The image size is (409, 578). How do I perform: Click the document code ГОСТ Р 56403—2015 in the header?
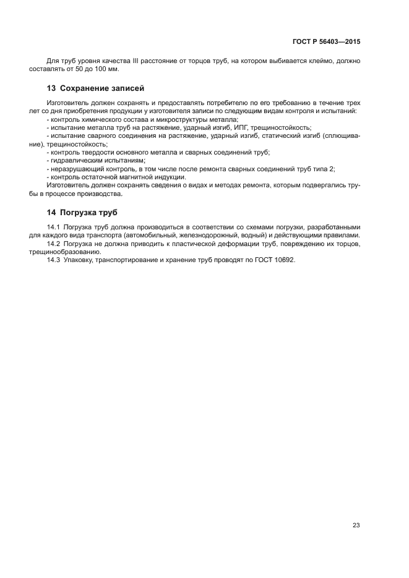point(326,42)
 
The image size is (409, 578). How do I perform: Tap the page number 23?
point(356,525)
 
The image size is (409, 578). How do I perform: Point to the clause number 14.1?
point(54,227)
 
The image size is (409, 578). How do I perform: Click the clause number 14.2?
point(54,244)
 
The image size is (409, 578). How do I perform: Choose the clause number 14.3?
point(54,260)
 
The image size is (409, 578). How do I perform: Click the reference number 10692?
point(284,260)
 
